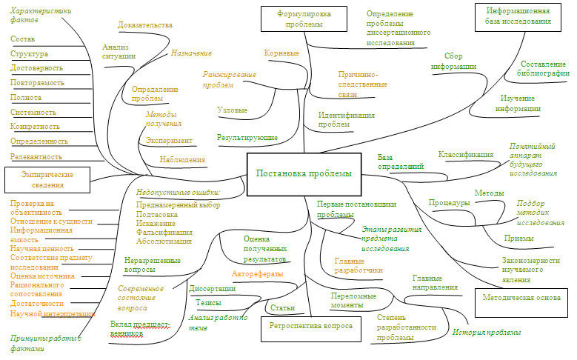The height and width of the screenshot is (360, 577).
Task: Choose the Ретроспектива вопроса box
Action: click(x=310, y=327)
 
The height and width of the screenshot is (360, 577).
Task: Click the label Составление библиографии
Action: click(x=544, y=68)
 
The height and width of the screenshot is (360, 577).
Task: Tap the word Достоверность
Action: click(x=36, y=68)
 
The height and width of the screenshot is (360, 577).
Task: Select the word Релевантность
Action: click(x=37, y=156)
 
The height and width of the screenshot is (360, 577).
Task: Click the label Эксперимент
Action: click(x=169, y=141)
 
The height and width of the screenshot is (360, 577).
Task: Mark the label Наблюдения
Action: click(x=182, y=159)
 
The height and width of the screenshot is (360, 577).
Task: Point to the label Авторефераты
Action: click(x=257, y=274)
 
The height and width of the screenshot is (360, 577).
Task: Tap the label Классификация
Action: click(x=465, y=155)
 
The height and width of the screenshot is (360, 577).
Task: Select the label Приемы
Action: click(x=518, y=238)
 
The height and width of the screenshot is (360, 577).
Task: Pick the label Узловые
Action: click(x=232, y=110)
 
